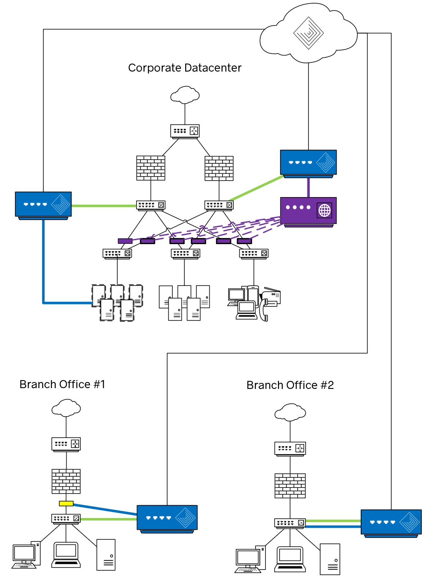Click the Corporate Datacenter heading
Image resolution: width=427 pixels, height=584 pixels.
coord(185,68)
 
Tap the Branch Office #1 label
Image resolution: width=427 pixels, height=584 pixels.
coord(62,385)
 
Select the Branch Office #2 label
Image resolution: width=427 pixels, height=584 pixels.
coord(290,385)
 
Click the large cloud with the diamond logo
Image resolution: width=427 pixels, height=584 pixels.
coord(309,33)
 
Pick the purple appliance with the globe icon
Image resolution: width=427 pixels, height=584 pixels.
coord(308,211)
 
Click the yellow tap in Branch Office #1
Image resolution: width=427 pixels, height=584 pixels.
coord(66,504)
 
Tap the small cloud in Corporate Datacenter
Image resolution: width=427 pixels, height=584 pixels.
coord(185,95)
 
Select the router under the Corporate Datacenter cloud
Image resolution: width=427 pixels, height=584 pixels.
coord(185,131)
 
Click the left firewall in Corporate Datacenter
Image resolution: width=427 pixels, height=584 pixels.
coord(151,168)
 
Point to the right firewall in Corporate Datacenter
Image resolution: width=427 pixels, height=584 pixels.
coord(219,168)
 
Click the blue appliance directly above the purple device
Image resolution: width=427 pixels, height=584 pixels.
coord(308,162)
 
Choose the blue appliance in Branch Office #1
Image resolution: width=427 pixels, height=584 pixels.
coord(167,518)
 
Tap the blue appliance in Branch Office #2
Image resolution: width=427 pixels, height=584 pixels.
coord(391,522)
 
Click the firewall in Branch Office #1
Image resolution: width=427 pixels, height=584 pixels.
coord(66,481)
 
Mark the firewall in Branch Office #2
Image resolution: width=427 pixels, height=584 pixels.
coord(290,485)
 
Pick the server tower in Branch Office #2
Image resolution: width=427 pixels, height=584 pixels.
coord(330,559)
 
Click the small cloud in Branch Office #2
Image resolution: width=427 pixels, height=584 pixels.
coord(290,413)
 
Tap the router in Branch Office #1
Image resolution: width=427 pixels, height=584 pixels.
coord(66,444)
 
